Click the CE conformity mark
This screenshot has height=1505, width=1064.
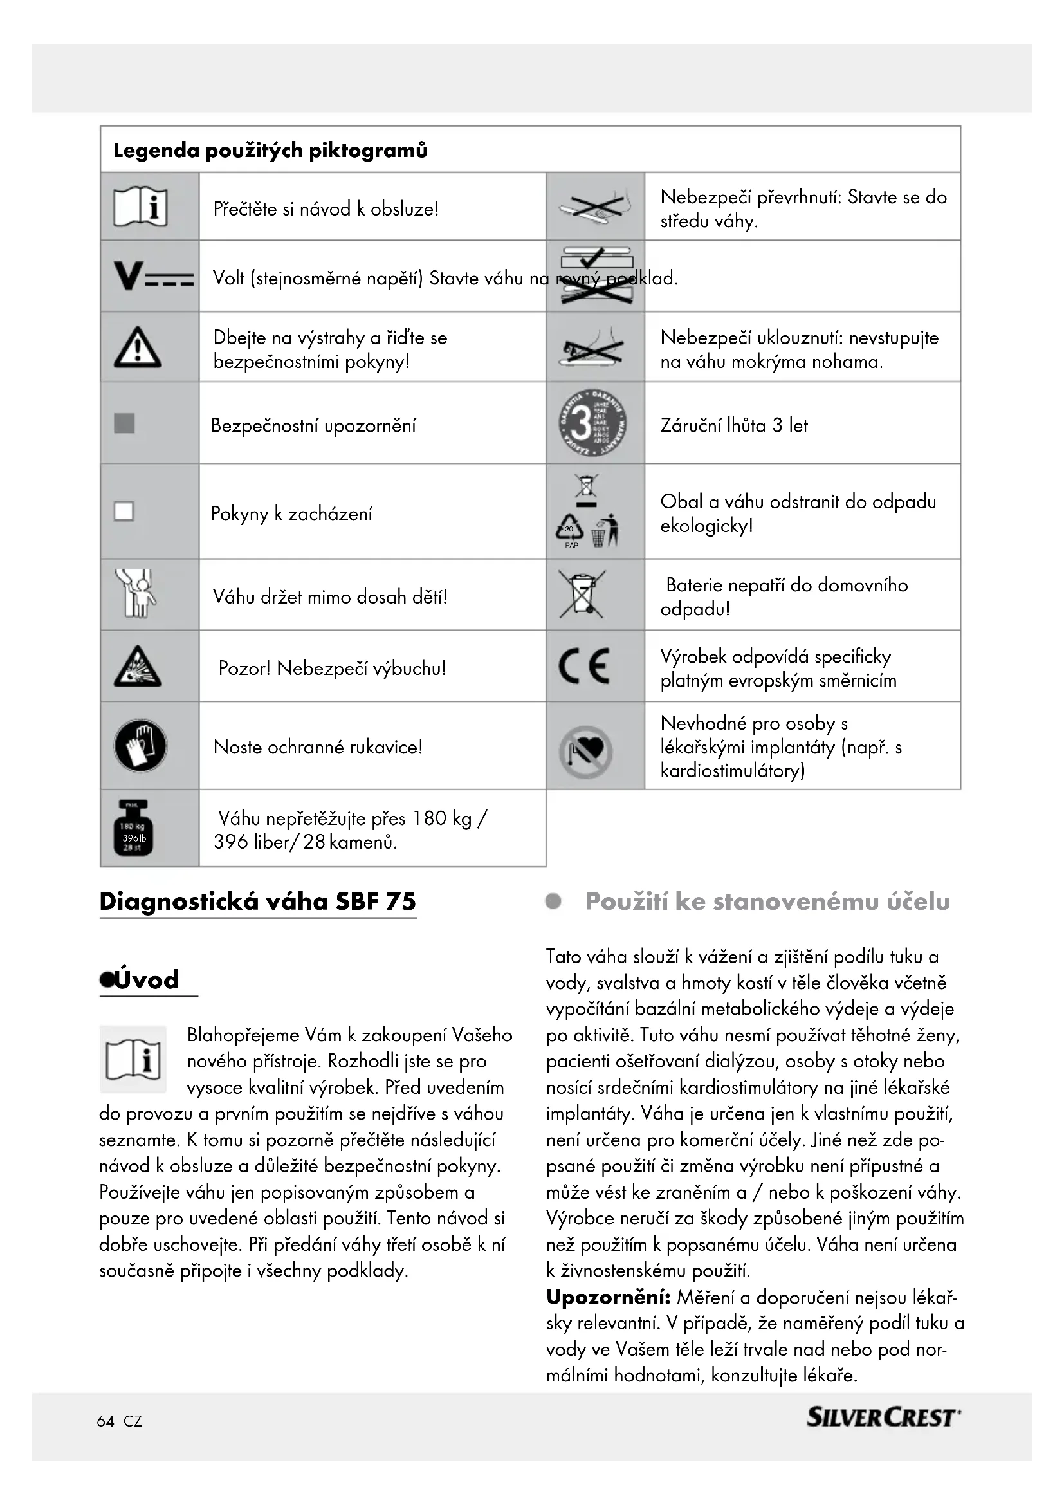pyautogui.click(x=583, y=666)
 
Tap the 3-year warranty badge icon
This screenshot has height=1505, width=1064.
pyautogui.click(x=592, y=423)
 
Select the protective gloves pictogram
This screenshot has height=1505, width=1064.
pyautogui.click(x=140, y=746)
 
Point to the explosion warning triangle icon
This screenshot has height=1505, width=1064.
pyautogui.click(x=138, y=667)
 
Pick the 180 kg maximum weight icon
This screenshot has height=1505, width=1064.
pyautogui.click(x=134, y=828)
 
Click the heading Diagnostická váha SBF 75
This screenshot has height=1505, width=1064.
pyautogui.click(x=257, y=902)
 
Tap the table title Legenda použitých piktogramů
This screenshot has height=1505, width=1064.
pyautogui.click(x=270, y=151)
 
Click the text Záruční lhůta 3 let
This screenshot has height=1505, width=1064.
pyautogui.click(x=734, y=425)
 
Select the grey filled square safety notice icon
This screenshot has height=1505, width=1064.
pyautogui.click(x=125, y=423)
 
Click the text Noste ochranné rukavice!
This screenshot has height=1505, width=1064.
pyautogui.click(x=318, y=746)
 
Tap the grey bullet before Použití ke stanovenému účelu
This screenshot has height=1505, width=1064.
pyautogui.click(x=554, y=902)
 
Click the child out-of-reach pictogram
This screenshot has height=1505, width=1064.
pyautogui.click(x=136, y=594)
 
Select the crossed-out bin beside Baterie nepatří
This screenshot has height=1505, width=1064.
pyautogui.click(x=582, y=594)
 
